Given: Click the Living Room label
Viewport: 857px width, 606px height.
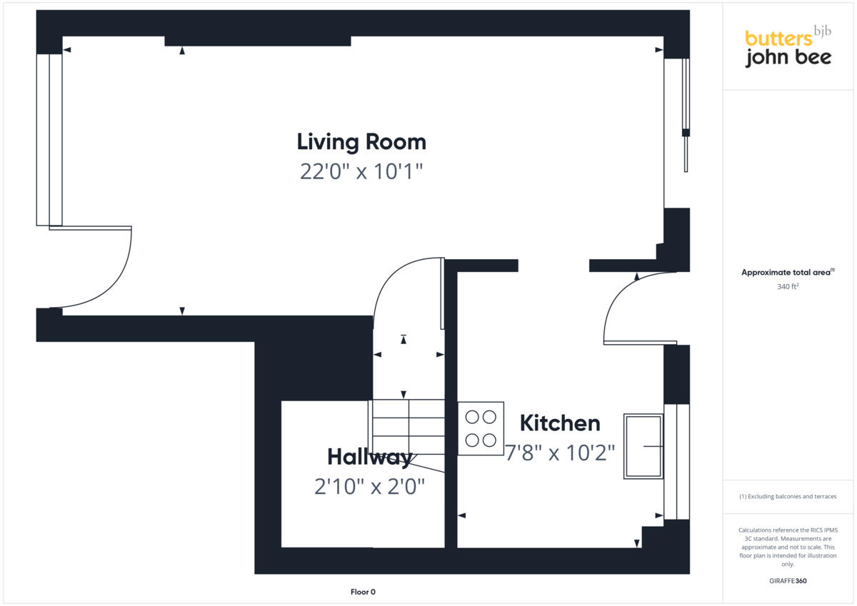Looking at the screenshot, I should click(x=361, y=142).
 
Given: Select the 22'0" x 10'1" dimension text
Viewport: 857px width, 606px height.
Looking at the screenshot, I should click(x=361, y=172).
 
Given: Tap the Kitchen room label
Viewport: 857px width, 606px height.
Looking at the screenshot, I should click(x=560, y=423).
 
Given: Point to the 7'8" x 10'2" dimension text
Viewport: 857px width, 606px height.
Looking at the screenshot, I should click(x=560, y=453).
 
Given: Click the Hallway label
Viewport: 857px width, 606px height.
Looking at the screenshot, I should click(x=369, y=457).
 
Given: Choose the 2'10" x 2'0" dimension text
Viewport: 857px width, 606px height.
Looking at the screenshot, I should click(x=369, y=487).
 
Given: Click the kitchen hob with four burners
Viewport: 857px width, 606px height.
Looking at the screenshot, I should click(x=481, y=429).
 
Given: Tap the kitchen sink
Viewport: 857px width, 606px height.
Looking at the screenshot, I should click(x=643, y=446).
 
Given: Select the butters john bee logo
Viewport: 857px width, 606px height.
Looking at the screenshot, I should click(x=788, y=48).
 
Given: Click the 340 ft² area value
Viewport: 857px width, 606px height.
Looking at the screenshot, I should click(x=788, y=287).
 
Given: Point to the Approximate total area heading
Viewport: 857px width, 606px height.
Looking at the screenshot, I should click(x=788, y=273).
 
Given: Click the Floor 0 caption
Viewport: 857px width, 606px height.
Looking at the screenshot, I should click(x=363, y=592).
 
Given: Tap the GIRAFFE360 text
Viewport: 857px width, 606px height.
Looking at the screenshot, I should click(x=788, y=581).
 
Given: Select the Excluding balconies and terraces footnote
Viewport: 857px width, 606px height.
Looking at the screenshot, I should click(x=788, y=496).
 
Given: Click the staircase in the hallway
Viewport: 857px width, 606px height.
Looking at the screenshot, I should click(x=407, y=427).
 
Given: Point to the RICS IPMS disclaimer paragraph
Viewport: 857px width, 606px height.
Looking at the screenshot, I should click(x=788, y=547).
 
